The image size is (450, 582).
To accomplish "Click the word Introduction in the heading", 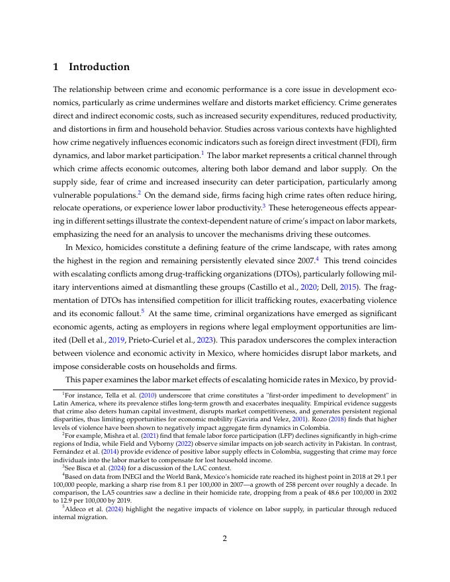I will click(99, 67).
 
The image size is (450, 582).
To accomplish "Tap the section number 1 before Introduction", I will click(56, 67).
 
